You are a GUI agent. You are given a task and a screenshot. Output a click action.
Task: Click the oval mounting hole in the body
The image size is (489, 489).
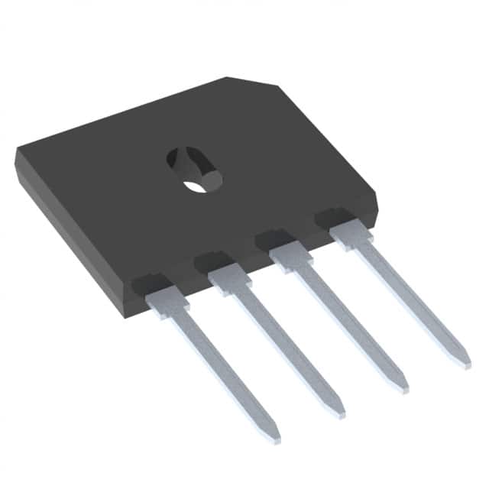click(x=194, y=169)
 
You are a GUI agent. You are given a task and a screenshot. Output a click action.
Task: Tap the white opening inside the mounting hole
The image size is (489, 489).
click(x=196, y=184)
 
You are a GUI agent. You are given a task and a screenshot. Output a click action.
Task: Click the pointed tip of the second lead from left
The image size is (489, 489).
click(x=340, y=413)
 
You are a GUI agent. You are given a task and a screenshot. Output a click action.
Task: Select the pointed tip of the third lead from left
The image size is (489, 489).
click(x=403, y=389)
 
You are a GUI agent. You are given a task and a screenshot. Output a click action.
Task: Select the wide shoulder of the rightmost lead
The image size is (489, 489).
click(x=351, y=235)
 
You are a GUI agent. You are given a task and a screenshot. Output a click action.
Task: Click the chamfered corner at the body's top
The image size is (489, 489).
click(x=252, y=82)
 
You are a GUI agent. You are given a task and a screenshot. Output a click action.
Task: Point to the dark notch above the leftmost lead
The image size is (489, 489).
click(x=150, y=283)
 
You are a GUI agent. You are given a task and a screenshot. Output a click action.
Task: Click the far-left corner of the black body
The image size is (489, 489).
click(x=17, y=153)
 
